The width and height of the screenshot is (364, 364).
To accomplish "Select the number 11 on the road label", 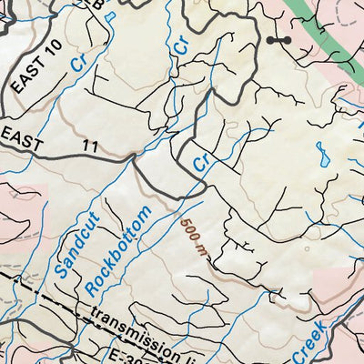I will pos(89,145).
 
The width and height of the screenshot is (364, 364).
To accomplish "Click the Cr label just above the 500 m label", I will pos(201,162).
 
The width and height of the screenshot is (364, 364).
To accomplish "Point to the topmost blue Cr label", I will pos(183,42).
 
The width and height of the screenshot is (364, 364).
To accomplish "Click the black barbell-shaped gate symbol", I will pos(278,41).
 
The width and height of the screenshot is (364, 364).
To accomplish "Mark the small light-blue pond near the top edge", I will pos(109,15).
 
